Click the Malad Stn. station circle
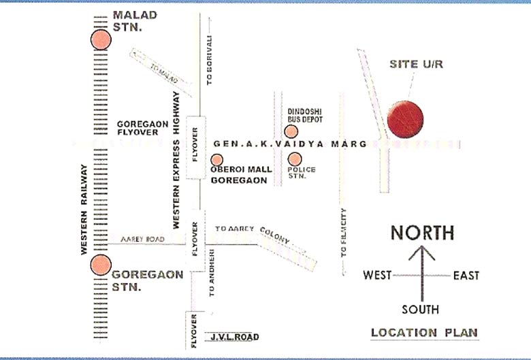[101, 39]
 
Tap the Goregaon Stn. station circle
[101, 263]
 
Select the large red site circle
[405, 118]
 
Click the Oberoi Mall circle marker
[216, 160]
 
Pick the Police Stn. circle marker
[293, 160]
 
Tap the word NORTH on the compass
[422, 233]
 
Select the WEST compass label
[377, 276]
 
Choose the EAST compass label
[466, 276]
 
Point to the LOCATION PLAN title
[424, 333]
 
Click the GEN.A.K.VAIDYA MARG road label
[290, 144]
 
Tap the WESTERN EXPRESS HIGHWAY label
[176, 160]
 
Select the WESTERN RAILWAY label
[84, 209]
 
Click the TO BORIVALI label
[210, 59]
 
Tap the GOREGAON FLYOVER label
[138, 128]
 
